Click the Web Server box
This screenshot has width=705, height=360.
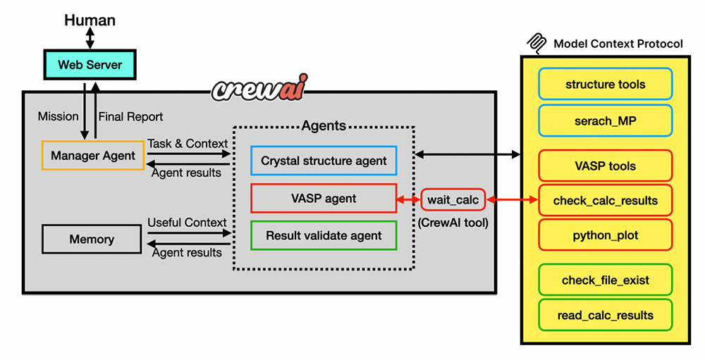point(90,65)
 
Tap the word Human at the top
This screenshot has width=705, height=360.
point(90,20)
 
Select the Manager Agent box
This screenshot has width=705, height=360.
point(93,155)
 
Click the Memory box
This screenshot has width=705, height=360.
point(92,240)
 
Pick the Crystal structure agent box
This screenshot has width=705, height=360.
point(324,161)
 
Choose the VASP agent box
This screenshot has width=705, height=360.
point(324,199)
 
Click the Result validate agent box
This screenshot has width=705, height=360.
point(324,235)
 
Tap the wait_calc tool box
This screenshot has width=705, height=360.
point(453,200)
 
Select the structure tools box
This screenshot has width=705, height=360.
point(605,85)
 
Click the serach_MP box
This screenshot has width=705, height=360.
point(605,120)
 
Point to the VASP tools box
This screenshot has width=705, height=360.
point(605,166)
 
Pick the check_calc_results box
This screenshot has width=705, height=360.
point(605,201)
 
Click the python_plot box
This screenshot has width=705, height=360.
point(605,235)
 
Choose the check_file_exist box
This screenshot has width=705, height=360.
point(605,280)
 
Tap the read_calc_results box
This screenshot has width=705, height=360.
point(605,315)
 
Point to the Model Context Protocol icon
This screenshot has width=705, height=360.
point(538,43)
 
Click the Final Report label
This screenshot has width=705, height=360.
point(130,116)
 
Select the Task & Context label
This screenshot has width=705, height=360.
point(188,143)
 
